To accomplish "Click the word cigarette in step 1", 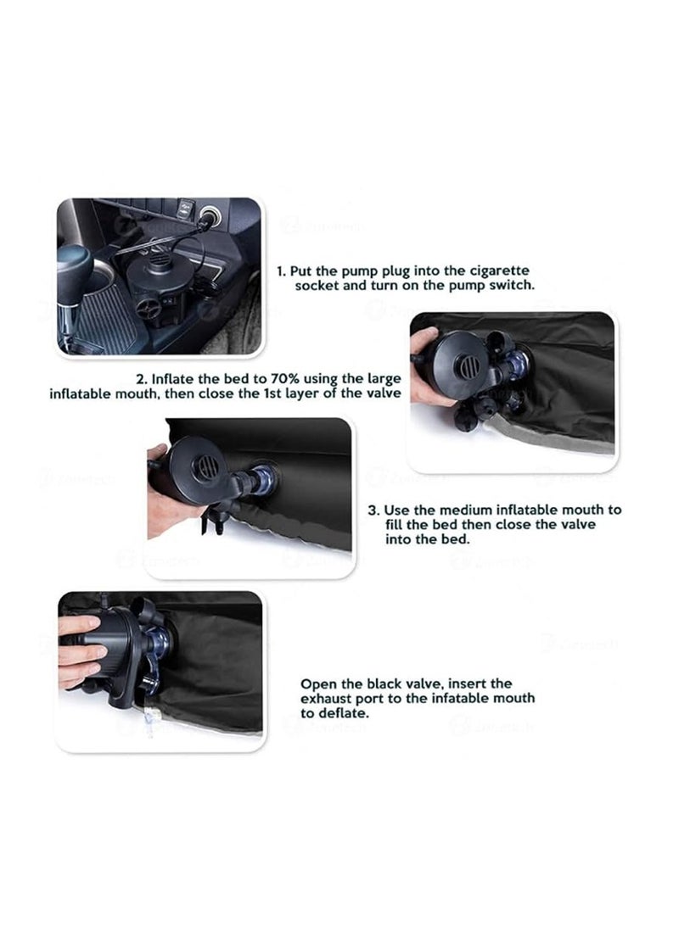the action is tap(499, 271).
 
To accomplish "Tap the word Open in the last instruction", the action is tap(317, 684).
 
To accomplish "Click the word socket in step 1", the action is tap(317, 285).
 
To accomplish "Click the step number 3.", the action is tap(373, 510).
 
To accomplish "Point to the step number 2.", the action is tap(142, 379).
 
